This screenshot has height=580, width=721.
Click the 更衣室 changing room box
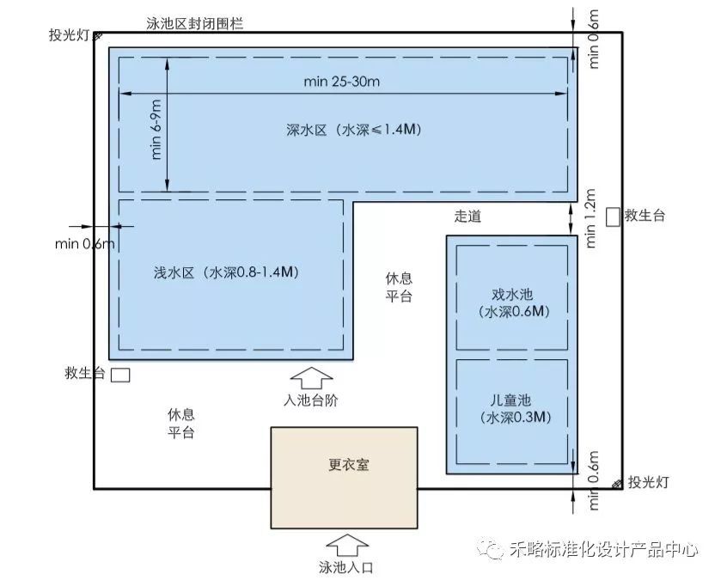tap(344, 478)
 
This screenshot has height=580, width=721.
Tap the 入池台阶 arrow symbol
tap(311, 378)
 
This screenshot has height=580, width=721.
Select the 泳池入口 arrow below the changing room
tap(347, 545)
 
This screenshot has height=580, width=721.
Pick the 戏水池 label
tap(512, 295)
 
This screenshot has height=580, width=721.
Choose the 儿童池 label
tap(510, 400)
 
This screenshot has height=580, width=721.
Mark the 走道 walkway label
tap(467, 216)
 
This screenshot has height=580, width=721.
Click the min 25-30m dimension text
tap(342, 82)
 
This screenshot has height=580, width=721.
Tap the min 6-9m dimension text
tap(156, 130)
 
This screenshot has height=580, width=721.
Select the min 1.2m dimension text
tap(590, 218)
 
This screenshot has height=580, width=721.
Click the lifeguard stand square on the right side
tap(613, 217)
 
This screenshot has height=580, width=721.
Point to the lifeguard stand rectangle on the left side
tap(121, 375)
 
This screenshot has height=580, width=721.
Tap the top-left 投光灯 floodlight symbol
tap(97, 35)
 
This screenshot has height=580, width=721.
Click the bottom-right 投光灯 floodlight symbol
tap(618, 484)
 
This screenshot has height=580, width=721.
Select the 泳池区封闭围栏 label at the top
tap(195, 23)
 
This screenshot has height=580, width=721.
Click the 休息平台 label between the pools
tap(399, 287)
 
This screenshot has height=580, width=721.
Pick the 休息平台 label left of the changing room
tap(180, 424)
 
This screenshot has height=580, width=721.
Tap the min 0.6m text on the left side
tap(84, 243)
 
